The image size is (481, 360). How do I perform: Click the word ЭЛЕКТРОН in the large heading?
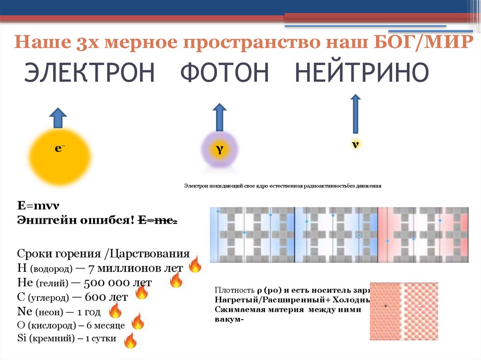point(89,73)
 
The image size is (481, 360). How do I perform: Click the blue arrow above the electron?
point(58,117)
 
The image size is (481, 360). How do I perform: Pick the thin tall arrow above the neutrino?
point(356,114)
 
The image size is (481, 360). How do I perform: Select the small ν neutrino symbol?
point(356,144)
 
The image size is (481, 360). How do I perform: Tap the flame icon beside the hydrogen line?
point(194,265)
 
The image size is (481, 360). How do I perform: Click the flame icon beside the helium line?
point(176,280)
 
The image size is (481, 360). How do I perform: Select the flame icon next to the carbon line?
point(141,293)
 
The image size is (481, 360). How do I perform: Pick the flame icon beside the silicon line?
point(130,340)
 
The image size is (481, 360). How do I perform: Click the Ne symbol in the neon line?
point(23,311)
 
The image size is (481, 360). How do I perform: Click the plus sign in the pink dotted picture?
point(386,306)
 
